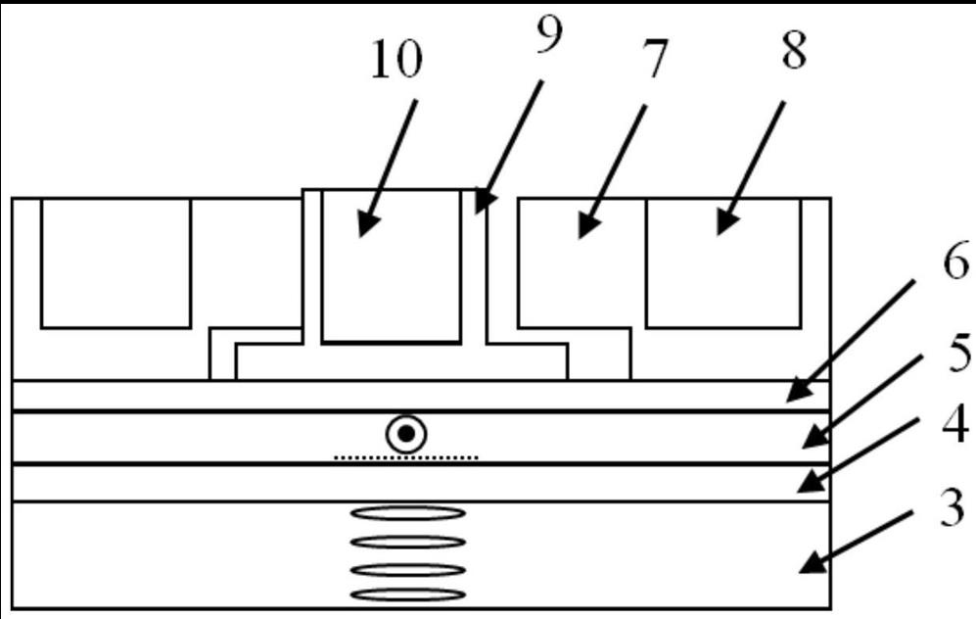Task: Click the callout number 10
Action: [x=395, y=61]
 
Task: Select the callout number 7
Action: [x=654, y=61]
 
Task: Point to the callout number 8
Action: [x=792, y=50]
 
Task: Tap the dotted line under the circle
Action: [x=405, y=457]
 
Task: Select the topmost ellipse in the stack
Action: [x=406, y=512]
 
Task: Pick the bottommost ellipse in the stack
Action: [x=406, y=594]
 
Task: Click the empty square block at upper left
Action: [x=116, y=262]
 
